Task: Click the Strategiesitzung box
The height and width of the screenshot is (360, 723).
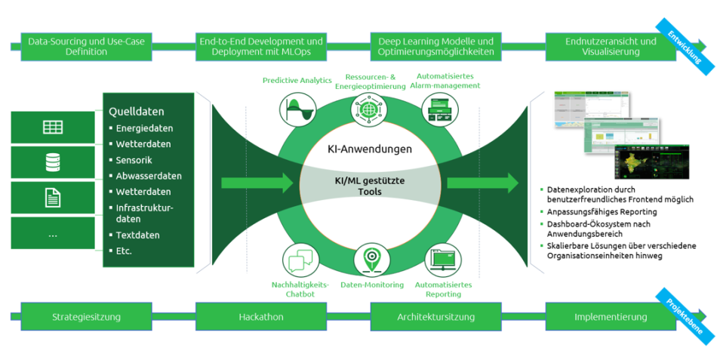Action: [x=86, y=317]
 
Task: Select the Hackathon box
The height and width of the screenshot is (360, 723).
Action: [x=260, y=317]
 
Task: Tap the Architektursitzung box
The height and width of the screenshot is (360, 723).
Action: [x=435, y=317]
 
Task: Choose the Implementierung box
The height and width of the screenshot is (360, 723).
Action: [x=610, y=317]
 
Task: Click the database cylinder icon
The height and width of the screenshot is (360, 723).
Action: [x=53, y=162]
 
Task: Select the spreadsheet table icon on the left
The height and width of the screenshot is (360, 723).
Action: [x=53, y=127]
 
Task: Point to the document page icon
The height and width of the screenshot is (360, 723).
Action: [x=53, y=198]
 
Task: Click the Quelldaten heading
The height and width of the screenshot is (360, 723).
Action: [x=137, y=112]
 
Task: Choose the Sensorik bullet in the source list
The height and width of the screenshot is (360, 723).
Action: [x=135, y=160]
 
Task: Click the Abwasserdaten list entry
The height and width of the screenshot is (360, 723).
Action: [x=148, y=176]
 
